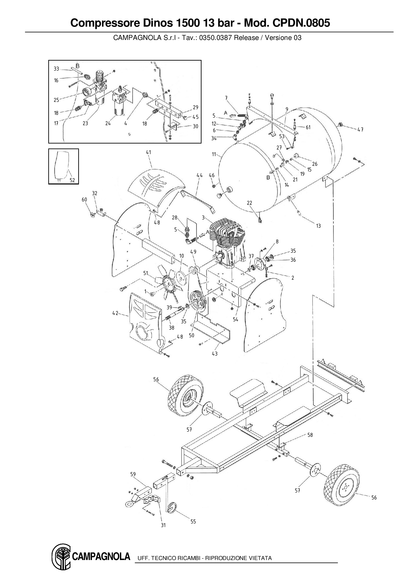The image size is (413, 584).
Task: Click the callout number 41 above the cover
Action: (x=149, y=152)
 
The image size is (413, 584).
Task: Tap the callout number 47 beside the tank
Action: (x=360, y=130)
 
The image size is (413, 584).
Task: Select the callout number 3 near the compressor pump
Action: (x=203, y=217)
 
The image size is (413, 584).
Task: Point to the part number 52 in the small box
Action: (x=72, y=180)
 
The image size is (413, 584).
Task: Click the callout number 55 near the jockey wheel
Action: (x=193, y=521)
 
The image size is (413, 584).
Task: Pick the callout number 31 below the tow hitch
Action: (x=163, y=525)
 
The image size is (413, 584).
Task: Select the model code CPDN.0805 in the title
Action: (x=301, y=23)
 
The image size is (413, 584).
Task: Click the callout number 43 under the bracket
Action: (x=214, y=354)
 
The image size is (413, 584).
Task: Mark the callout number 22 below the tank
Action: (x=249, y=203)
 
